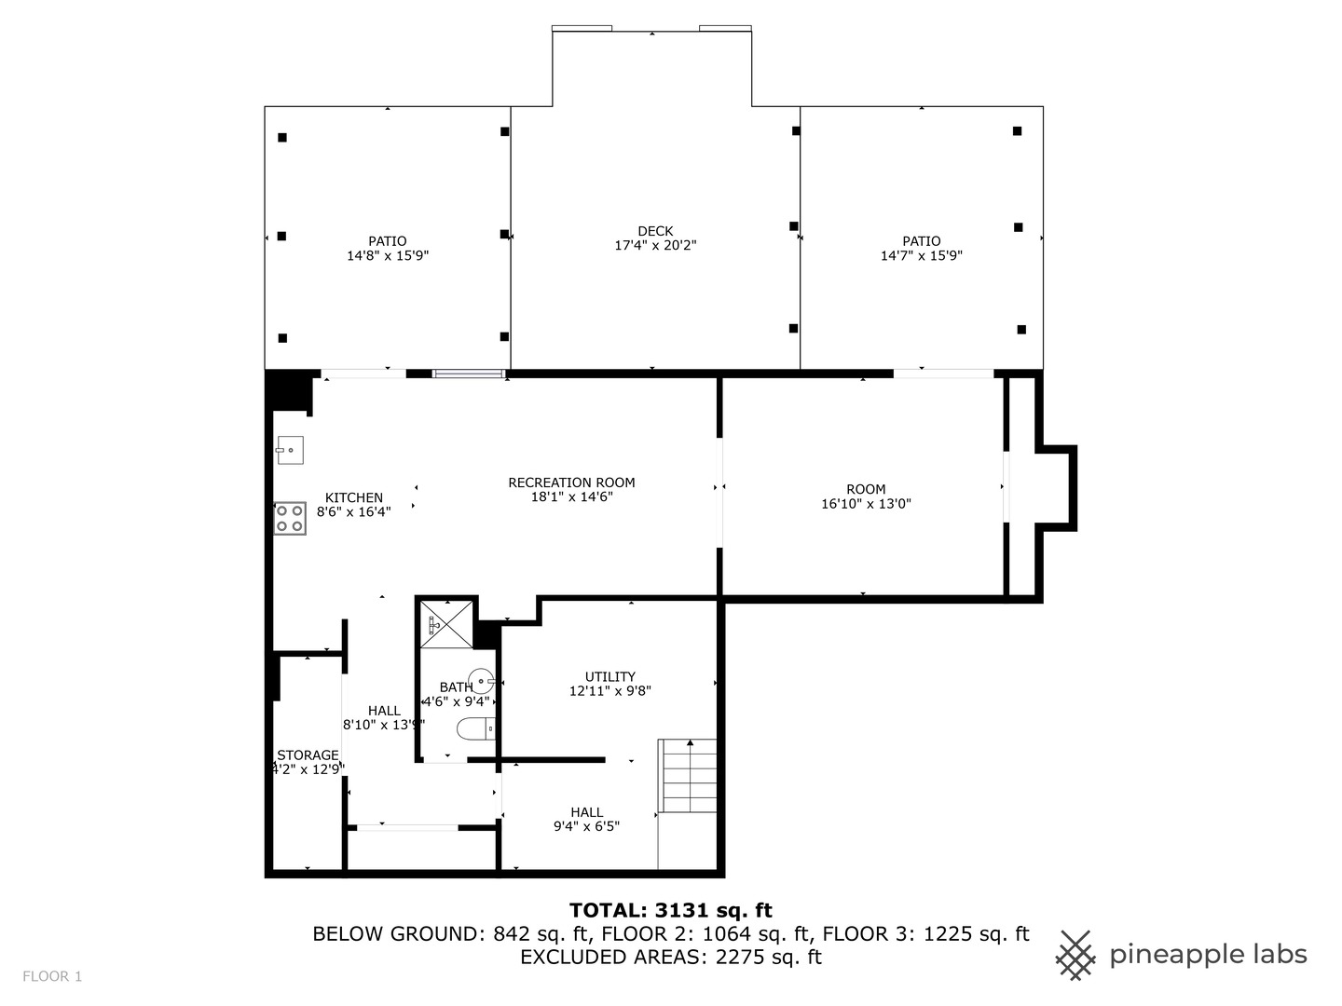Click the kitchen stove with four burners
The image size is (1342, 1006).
pyautogui.click(x=290, y=518)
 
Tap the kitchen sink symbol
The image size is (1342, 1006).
pyautogui.click(x=289, y=451)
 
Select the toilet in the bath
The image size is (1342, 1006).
pyautogui.click(x=476, y=727)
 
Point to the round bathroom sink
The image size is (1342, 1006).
pyautogui.click(x=481, y=682)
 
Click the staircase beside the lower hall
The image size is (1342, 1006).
pyautogui.click(x=689, y=776)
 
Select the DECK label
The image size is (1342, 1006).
pyautogui.click(x=655, y=231)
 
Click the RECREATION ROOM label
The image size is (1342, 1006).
pyautogui.click(x=571, y=483)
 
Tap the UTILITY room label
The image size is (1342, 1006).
pyautogui.click(x=610, y=676)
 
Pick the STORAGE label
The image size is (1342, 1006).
pyautogui.click(x=308, y=755)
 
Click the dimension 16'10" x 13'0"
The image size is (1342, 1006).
pyautogui.click(x=866, y=504)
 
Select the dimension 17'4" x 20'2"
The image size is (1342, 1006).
pyautogui.click(x=655, y=246)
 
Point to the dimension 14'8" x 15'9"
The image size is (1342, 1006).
pyautogui.click(x=388, y=255)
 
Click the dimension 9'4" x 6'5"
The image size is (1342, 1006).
pyautogui.click(x=586, y=826)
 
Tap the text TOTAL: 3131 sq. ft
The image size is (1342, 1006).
pyautogui.click(x=670, y=910)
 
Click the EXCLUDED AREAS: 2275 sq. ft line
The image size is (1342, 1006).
pyautogui.click(x=670, y=957)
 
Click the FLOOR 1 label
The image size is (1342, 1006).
pyautogui.click(x=52, y=976)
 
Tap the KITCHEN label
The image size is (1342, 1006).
pyautogui.click(x=353, y=497)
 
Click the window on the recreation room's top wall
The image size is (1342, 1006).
pyautogui.click(x=469, y=374)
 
